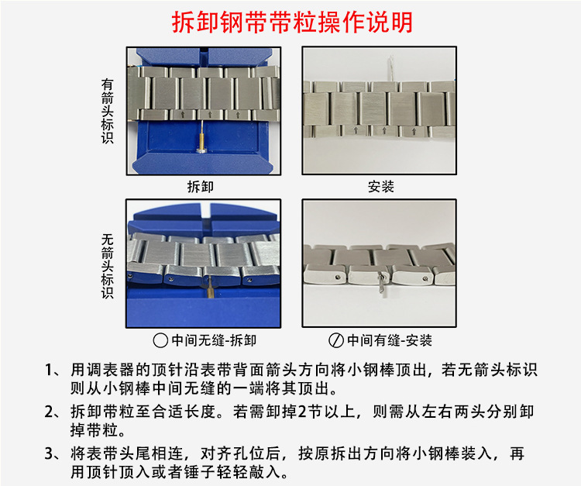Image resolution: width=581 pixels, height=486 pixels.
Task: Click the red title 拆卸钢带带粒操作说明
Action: tap(291, 21)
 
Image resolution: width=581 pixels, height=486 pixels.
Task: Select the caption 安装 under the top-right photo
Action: tap(380, 187)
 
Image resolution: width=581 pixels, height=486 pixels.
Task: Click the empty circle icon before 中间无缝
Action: tap(160, 340)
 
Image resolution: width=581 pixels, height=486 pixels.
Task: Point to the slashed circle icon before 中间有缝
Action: tap(336, 340)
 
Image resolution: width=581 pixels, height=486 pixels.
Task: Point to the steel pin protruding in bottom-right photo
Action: tap(382, 282)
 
